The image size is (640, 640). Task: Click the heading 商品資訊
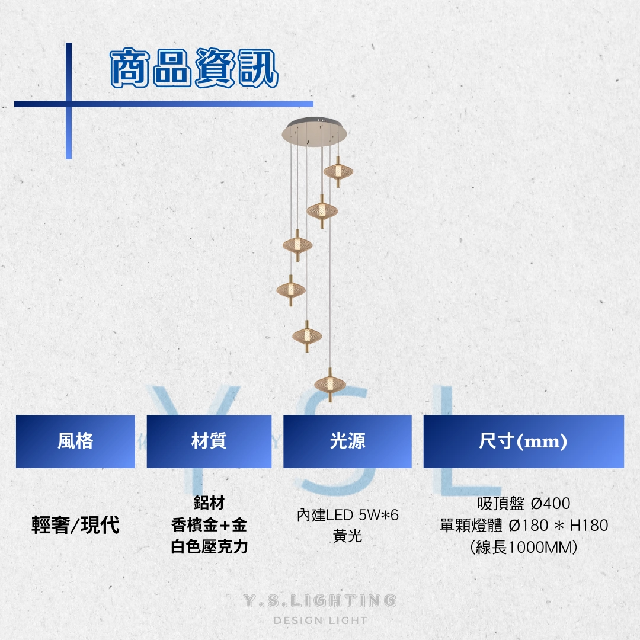(194, 68)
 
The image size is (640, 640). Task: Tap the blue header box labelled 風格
(75, 441)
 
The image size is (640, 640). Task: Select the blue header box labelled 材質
(209, 441)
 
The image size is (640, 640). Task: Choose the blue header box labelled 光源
(347, 441)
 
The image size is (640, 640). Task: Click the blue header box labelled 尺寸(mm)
(524, 441)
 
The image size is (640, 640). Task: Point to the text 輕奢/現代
(75, 525)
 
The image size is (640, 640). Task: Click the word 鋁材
(209, 503)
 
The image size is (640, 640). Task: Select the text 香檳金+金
(209, 525)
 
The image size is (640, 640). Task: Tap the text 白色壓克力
(209, 546)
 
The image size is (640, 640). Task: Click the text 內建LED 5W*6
(348, 515)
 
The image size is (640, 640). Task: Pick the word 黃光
(348, 536)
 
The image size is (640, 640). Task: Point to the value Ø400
(551, 503)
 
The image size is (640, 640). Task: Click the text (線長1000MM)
(524, 547)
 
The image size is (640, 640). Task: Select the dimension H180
(589, 525)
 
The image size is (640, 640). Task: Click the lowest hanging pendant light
(330, 385)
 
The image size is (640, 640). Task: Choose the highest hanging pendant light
(338, 171)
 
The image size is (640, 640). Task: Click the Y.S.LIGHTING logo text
(320, 601)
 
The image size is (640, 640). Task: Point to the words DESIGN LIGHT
(320, 620)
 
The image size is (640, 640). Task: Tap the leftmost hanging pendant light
(290, 290)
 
